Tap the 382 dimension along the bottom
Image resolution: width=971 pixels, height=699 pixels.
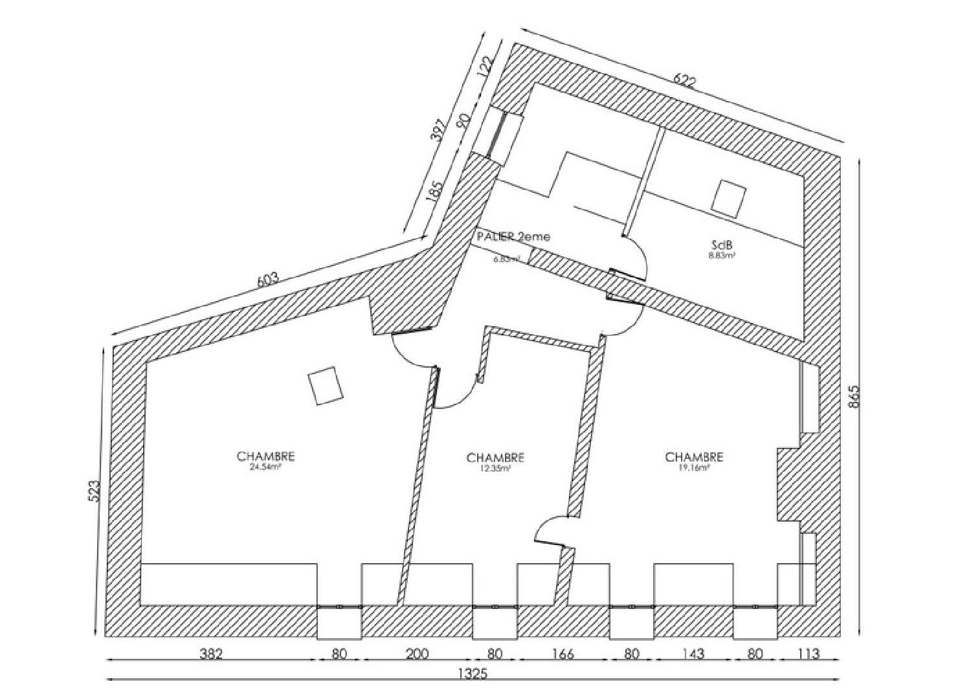[211, 654]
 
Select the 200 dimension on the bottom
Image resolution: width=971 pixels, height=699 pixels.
[418, 654]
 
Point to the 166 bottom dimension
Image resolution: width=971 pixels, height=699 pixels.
[563, 654]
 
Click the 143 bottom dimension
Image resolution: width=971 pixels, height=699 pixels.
[693, 654]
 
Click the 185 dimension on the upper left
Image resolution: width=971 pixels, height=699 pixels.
[434, 192]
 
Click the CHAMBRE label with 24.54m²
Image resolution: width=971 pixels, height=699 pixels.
[266, 457]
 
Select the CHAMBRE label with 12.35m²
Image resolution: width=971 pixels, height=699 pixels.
[495, 458]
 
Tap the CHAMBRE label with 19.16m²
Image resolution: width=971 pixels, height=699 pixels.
[694, 458]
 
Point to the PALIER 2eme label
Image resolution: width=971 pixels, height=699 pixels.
[513, 237]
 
